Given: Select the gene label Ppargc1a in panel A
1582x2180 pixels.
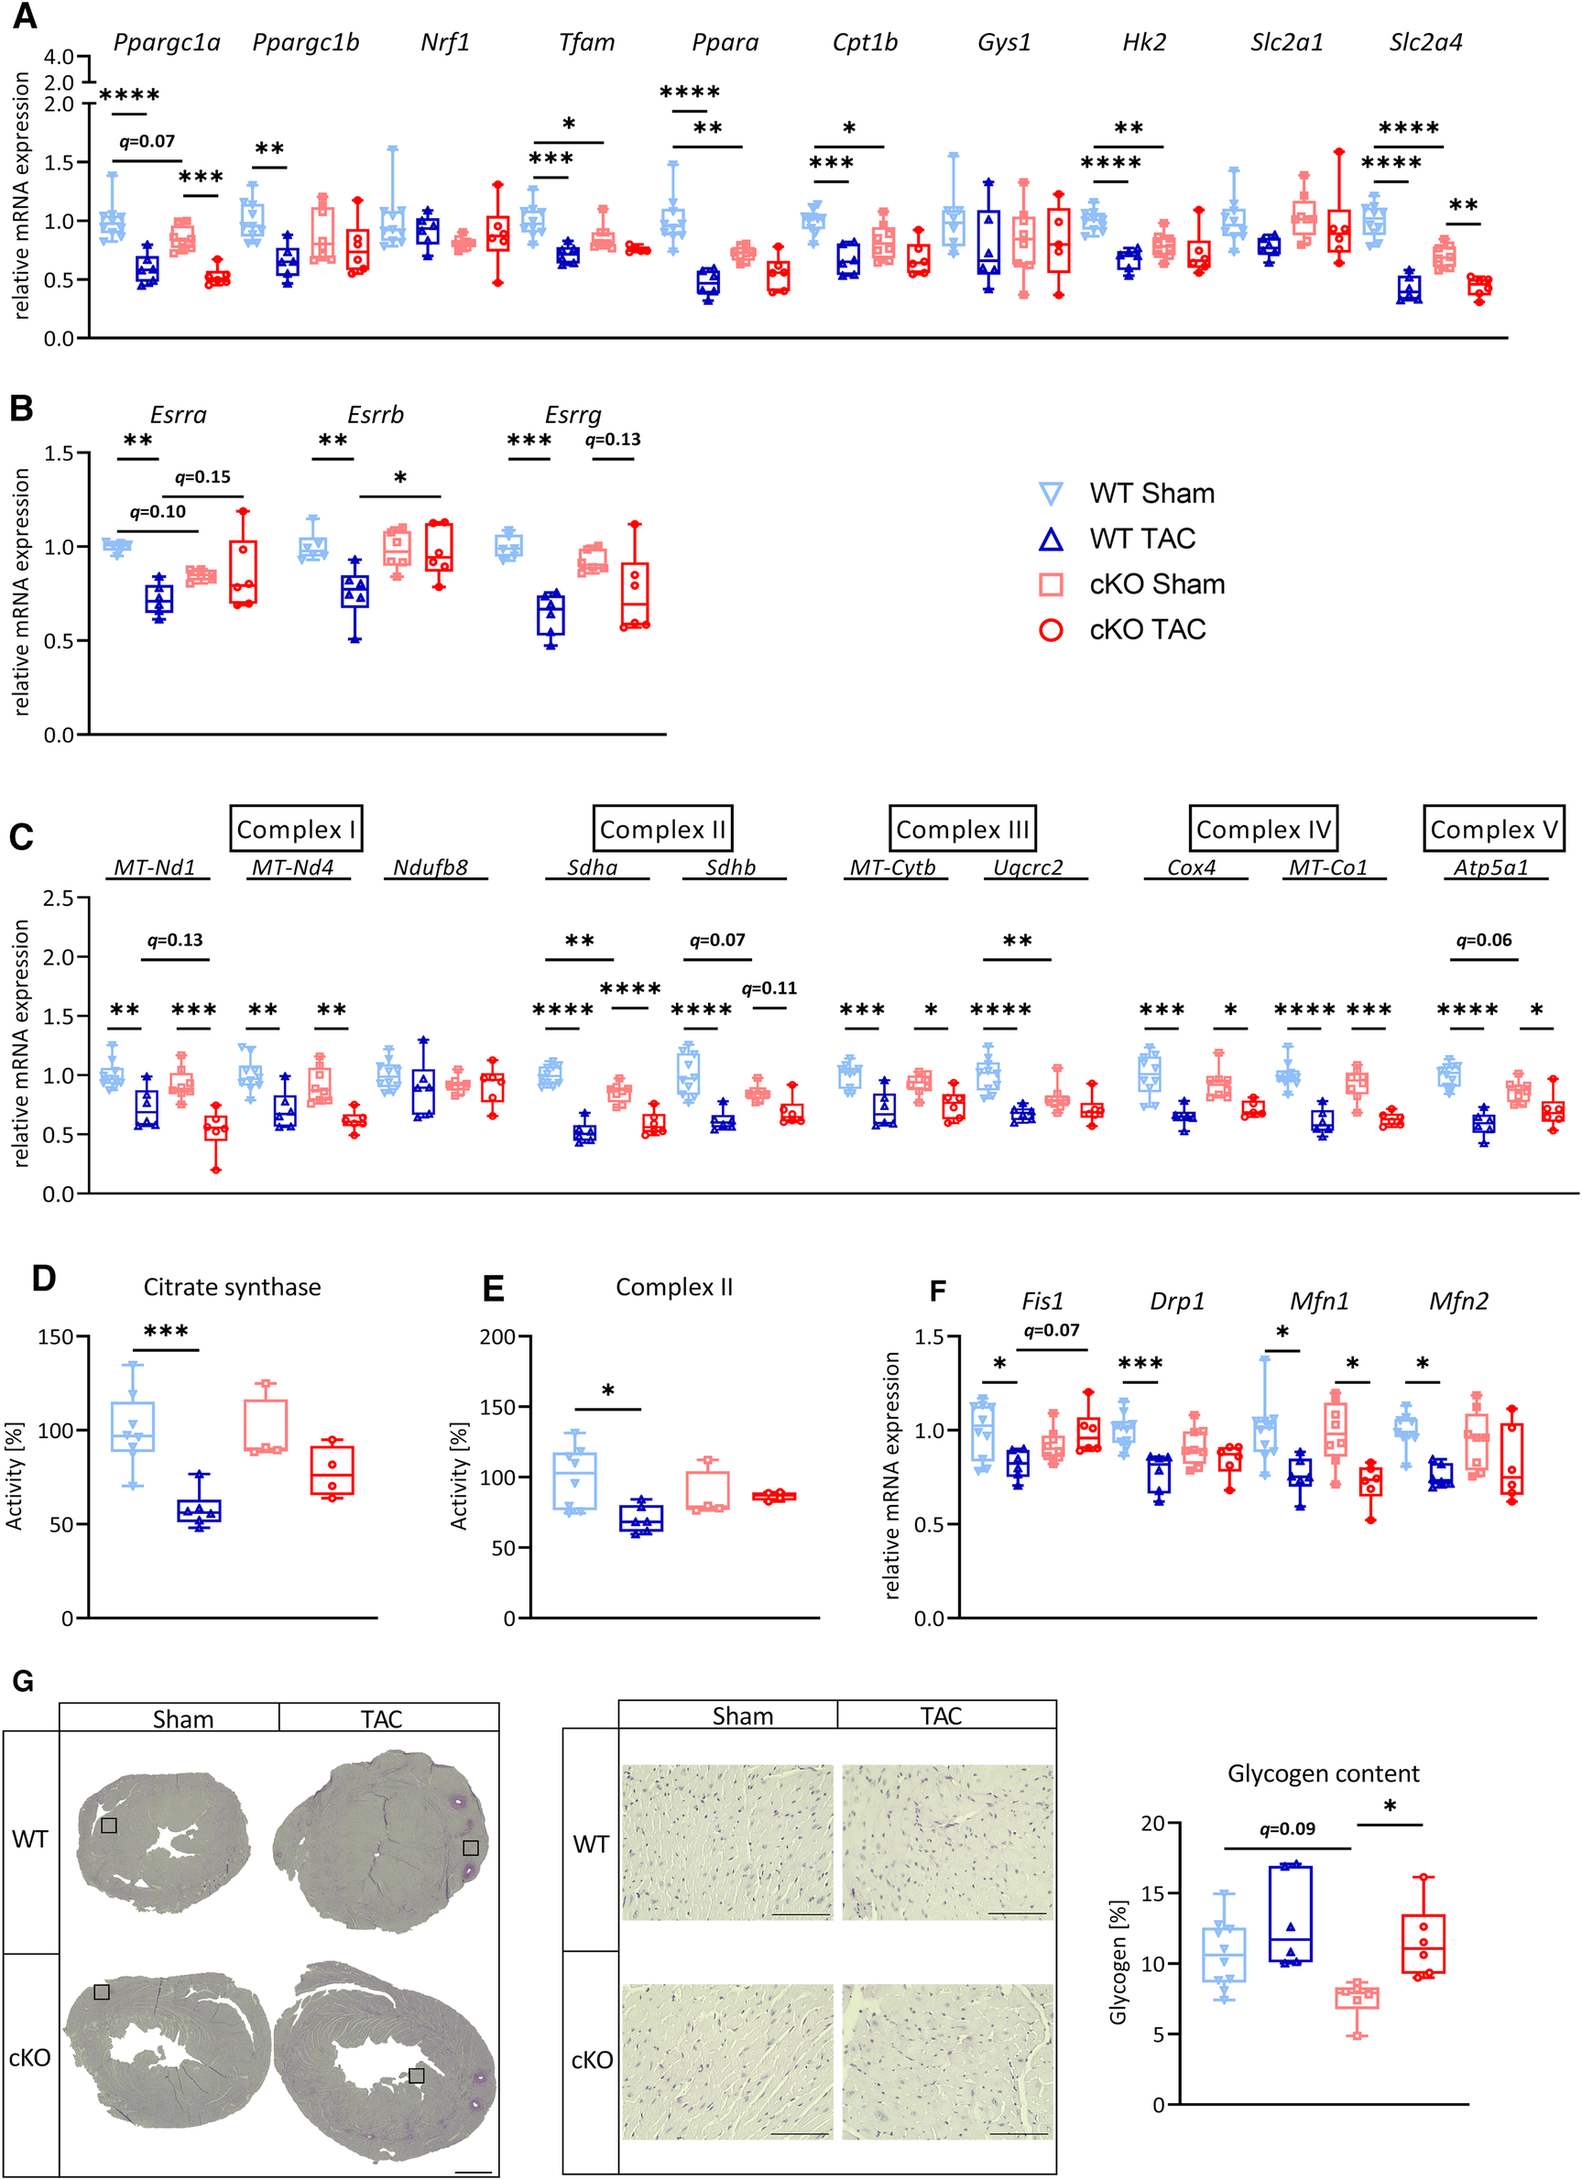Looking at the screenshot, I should coord(167,43).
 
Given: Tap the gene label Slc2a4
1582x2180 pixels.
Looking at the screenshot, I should coord(1425,43).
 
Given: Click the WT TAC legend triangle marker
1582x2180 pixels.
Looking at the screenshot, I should coord(1052,540).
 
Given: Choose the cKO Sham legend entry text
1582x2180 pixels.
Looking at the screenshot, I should coord(1156,584).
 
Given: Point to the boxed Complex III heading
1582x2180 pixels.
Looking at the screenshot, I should coord(962,829).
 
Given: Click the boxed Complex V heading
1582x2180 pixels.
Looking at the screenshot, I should coord(1493,829).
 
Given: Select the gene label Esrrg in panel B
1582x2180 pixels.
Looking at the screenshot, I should coord(573,415).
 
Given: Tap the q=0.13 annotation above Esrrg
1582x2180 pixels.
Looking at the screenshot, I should coord(612,441).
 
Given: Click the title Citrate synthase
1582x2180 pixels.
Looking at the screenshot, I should coord(232,1287).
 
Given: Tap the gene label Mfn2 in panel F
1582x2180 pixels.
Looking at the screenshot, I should coord(1458,1302).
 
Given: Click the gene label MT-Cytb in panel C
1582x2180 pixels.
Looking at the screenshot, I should coord(892,868).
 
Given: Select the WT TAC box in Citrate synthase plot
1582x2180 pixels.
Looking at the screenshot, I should coord(199,1511).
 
